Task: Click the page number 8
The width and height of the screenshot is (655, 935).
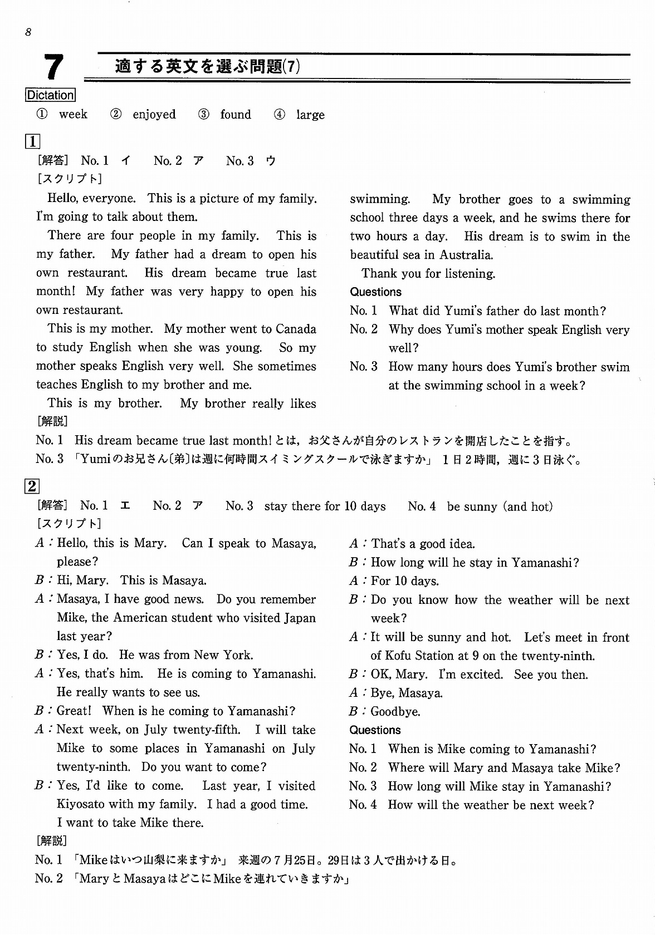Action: click(28, 32)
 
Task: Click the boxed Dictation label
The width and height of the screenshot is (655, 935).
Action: click(50, 95)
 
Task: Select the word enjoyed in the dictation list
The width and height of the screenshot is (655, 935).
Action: click(154, 115)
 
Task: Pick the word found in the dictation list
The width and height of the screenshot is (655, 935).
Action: click(236, 115)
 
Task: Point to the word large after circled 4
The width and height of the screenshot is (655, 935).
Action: click(310, 115)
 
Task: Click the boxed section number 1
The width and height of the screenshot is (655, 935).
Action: click(32, 141)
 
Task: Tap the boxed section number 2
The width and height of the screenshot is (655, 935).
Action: click(32, 486)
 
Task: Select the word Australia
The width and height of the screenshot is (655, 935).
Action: click(465, 255)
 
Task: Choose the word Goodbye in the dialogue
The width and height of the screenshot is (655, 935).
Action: click(395, 712)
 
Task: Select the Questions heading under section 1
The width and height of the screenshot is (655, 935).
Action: click(375, 292)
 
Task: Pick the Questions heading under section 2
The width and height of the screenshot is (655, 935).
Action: click(375, 730)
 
